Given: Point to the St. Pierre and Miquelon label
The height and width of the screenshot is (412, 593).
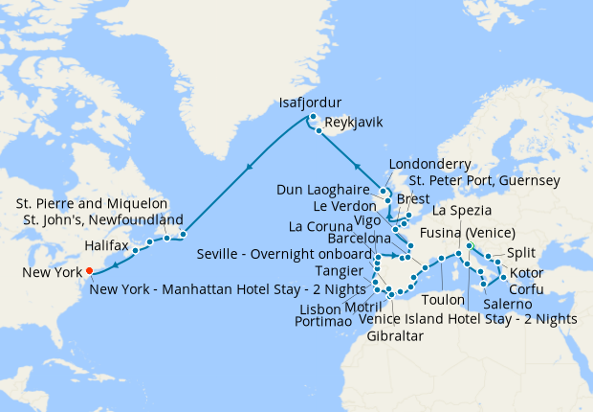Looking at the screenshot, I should pyautogui.click(x=93, y=204).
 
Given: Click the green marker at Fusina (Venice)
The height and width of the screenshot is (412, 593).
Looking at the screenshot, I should pyautogui.click(x=469, y=246).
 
